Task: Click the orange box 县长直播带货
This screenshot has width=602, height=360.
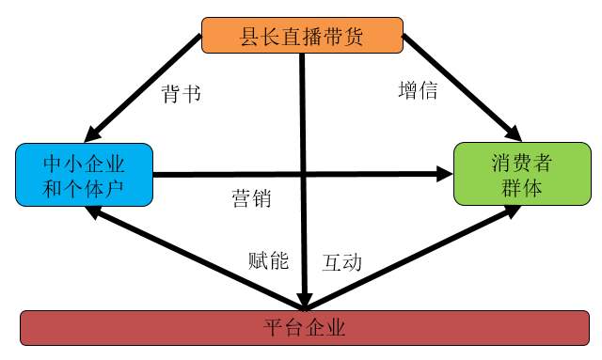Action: [x=302, y=36]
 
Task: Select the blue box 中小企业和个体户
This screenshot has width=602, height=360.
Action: [x=85, y=174]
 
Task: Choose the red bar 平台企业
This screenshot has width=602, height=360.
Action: [x=303, y=328]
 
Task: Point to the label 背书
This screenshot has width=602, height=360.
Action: [x=182, y=94]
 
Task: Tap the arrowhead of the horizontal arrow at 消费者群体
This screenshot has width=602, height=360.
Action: [x=445, y=174]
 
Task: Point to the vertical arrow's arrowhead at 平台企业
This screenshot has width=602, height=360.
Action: [x=303, y=300]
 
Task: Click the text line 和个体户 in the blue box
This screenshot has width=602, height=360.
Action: [x=85, y=186]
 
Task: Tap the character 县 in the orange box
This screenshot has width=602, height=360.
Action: [x=251, y=37]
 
